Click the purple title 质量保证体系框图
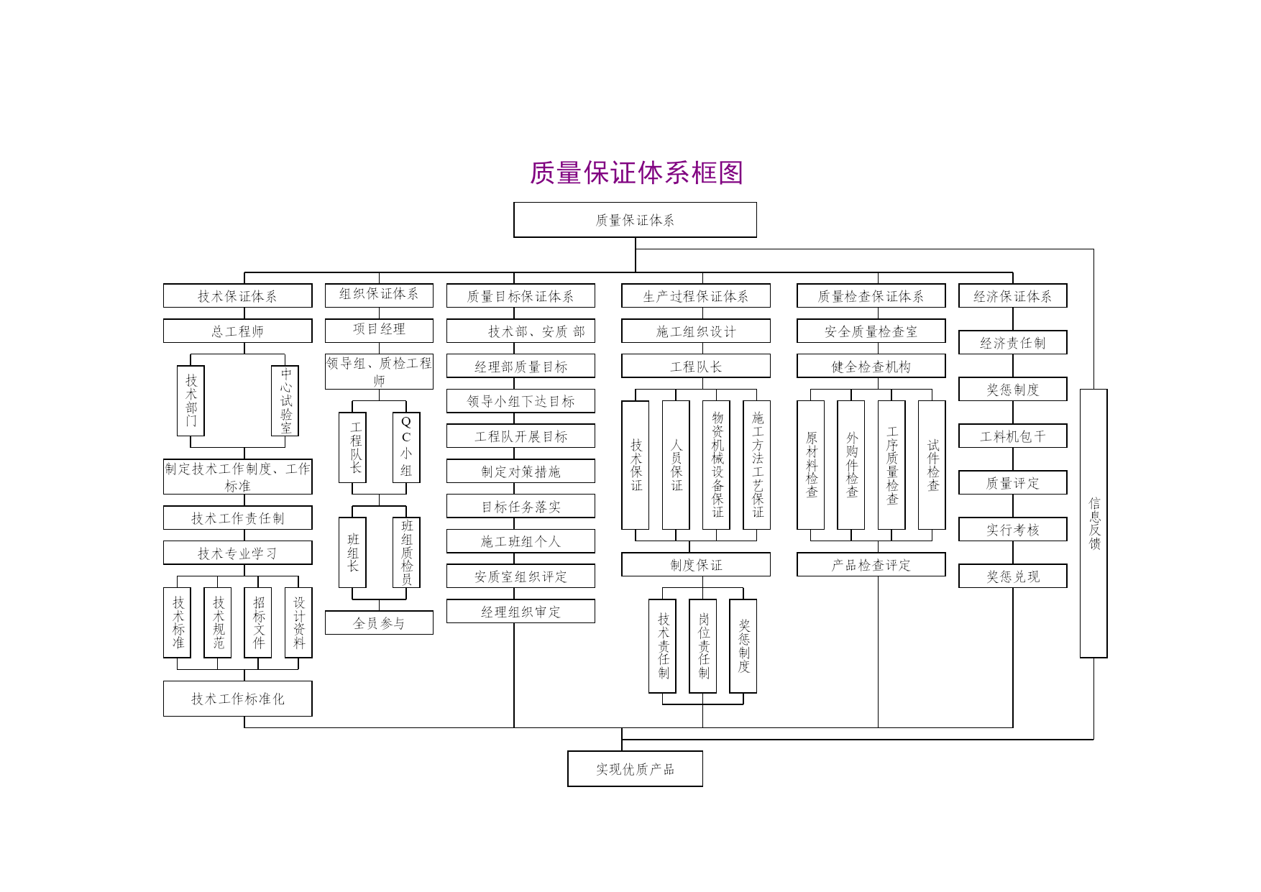(636, 173)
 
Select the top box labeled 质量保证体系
(635, 220)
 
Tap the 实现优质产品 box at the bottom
(635, 769)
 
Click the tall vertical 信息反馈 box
(1093, 523)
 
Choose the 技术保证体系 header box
(237, 295)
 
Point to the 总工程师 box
(237, 331)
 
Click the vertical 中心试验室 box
(285, 401)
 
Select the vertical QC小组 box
(406, 447)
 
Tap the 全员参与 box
(379, 622)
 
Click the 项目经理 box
(379, 330)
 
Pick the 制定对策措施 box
(521, 471)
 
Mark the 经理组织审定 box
(521, 611)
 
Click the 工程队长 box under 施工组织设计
(696, 366)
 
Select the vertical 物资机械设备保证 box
(716, 465)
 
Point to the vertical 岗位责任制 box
(702, 646)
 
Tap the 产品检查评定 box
(871, 564)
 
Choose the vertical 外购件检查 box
(851, 465)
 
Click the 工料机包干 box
(1012, 436)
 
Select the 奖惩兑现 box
(1012, 576)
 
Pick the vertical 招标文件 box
(258, 622)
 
